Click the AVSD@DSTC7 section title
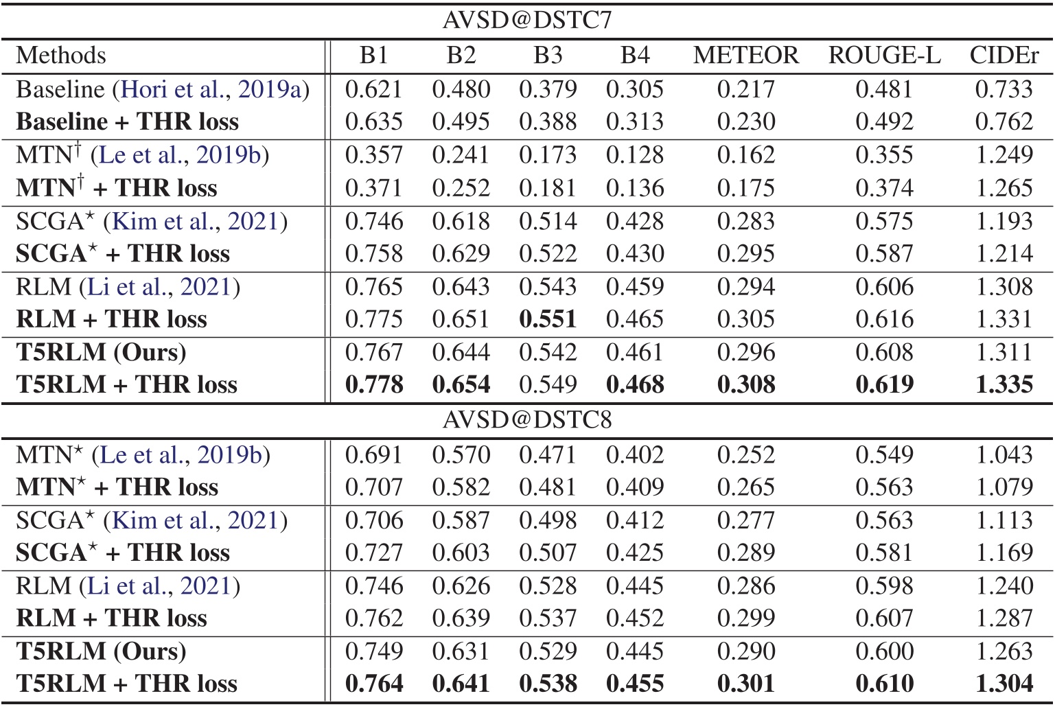click(526, 21)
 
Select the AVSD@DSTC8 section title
click(526, 419)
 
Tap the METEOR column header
click(745, 56)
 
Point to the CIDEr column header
click(1004, 56)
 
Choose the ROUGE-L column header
click(884, 56)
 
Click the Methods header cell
click(61, 56)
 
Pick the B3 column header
click(547, 56)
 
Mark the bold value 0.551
click(547, 319)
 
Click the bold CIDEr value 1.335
click(1004, 384)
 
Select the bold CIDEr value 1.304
click(1004, 684)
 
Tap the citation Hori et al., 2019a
click(211, 89)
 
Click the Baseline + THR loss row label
click(128, 121)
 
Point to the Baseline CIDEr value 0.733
click(1004, 89)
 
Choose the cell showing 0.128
click(635, 155)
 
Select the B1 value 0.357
click(373, 155)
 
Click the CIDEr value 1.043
click(1004, 454)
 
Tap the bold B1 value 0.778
click(373, 384)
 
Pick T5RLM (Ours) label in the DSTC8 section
click(101, 651)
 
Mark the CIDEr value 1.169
click(1004, 553)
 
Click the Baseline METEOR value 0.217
click(745, 89)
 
